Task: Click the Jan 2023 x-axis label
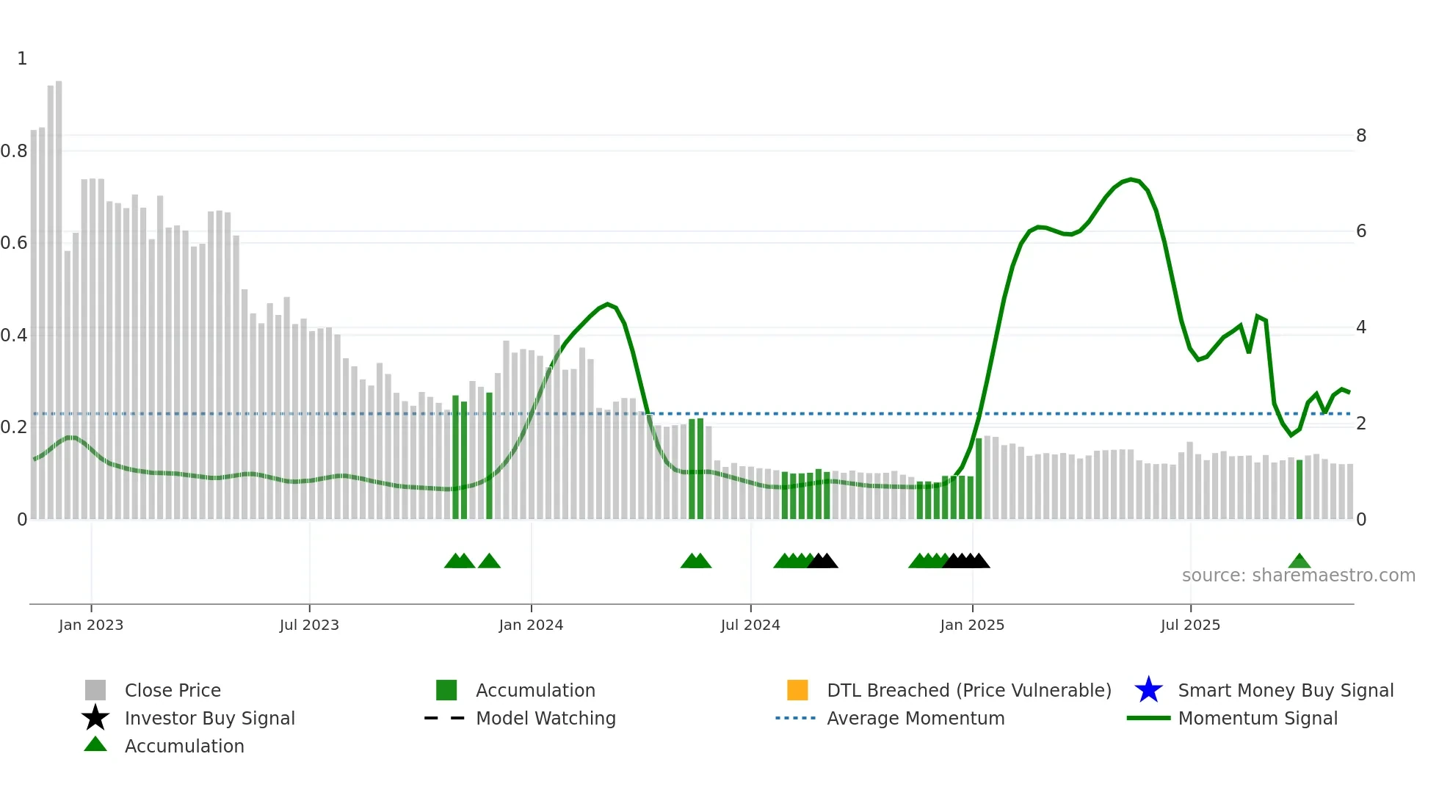(91, 625)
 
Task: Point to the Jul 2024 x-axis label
(750, 625)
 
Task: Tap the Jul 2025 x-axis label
(1190, 625)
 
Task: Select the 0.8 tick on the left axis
(14, 151)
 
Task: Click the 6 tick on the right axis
(1361, 231)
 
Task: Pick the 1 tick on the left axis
(22, 59)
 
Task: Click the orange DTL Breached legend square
(797, 690)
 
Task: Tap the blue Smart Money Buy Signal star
(1148, 690)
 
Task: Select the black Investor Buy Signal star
(95, 718)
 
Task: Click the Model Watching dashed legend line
(445, 718)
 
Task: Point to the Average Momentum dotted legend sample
(796, 718)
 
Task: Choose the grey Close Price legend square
(95, 690)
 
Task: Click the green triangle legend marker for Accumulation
(95, 745)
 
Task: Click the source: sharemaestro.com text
(1298, 576)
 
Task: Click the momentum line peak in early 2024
(607, 304)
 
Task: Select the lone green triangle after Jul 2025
(1300, 562)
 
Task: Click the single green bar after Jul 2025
(1300, 489)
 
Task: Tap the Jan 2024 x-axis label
(531, 625)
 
